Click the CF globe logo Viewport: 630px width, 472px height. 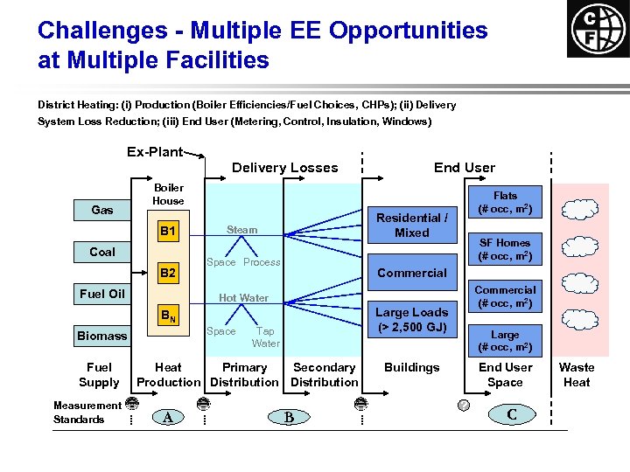click(598, 29)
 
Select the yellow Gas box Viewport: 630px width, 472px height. click(102, 210)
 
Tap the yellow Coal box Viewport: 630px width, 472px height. click(102, 252)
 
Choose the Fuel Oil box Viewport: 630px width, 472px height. click(102, 294)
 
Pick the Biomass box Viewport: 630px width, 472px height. click(101, 336)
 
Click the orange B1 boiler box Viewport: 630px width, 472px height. click(168, 232)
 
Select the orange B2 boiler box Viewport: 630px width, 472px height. click(168, 274)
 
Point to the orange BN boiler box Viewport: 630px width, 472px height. click(168, 316)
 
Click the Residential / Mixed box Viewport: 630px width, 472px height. click(411, 225)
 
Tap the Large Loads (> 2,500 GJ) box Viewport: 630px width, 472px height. click(411, 320)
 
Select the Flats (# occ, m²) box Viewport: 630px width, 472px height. click(505, 203)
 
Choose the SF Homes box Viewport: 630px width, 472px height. click(505, 249)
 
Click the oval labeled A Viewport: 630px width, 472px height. click(168, 417)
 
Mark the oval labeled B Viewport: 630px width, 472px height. click(289, 417)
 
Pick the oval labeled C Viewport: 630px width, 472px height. click(511, 414)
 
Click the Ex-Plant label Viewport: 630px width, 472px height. click(155, 152)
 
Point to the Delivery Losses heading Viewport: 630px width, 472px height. click(284, 168)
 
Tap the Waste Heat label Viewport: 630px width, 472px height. click(577, 375)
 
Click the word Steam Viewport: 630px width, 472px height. click(242, 230)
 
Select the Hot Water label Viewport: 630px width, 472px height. click(243, 298)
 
